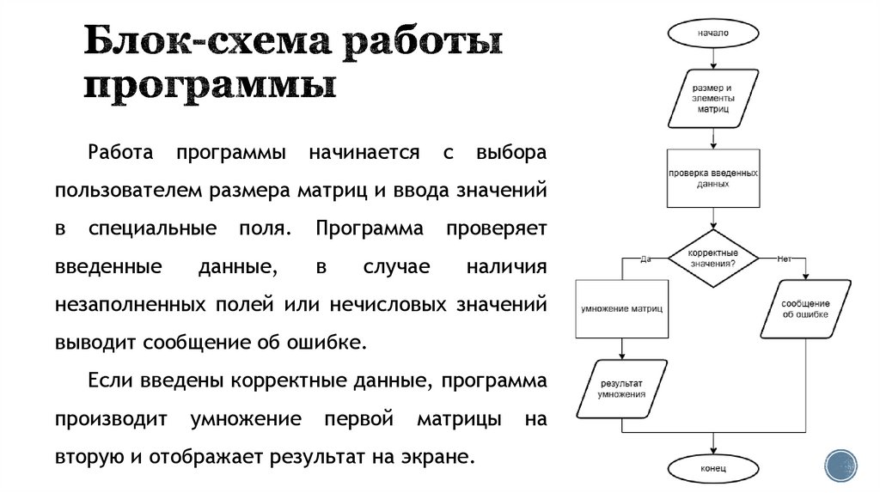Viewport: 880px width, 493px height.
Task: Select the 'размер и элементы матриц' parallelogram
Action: [712, 98]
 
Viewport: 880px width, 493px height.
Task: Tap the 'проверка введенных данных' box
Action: [712, 178]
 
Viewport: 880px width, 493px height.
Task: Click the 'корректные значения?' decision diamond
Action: [712, 259]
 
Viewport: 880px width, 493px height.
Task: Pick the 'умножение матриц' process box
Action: [621, 307]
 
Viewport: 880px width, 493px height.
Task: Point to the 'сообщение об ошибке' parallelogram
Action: [805, 308]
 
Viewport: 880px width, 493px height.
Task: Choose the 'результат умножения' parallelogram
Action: [622, 387]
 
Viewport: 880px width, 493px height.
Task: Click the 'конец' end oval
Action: [712, 468]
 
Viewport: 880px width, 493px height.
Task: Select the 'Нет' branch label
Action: [783, 258]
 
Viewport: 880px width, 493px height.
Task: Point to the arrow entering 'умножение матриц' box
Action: [621, 271]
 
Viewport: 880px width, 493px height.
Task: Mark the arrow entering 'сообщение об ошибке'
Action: [805, 271]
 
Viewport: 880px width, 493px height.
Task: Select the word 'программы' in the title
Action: [210, 87]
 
